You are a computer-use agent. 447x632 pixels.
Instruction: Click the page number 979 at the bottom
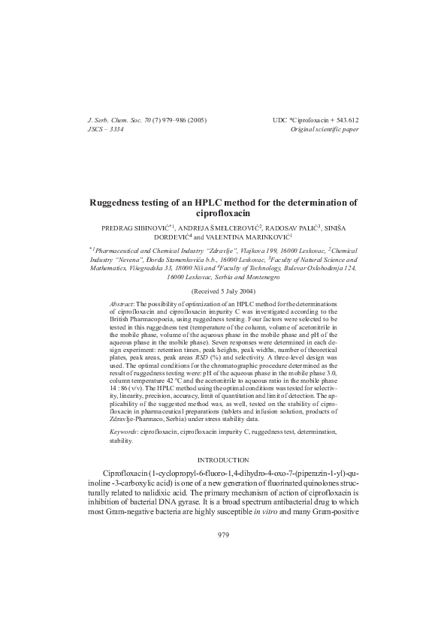point(223,535)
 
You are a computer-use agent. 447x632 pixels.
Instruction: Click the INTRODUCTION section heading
point(223,459)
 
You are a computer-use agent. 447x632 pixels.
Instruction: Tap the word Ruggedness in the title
point(119,203)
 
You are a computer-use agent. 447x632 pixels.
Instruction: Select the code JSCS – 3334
point(105,129)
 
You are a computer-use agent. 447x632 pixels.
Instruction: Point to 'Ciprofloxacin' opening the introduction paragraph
point(126,475)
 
